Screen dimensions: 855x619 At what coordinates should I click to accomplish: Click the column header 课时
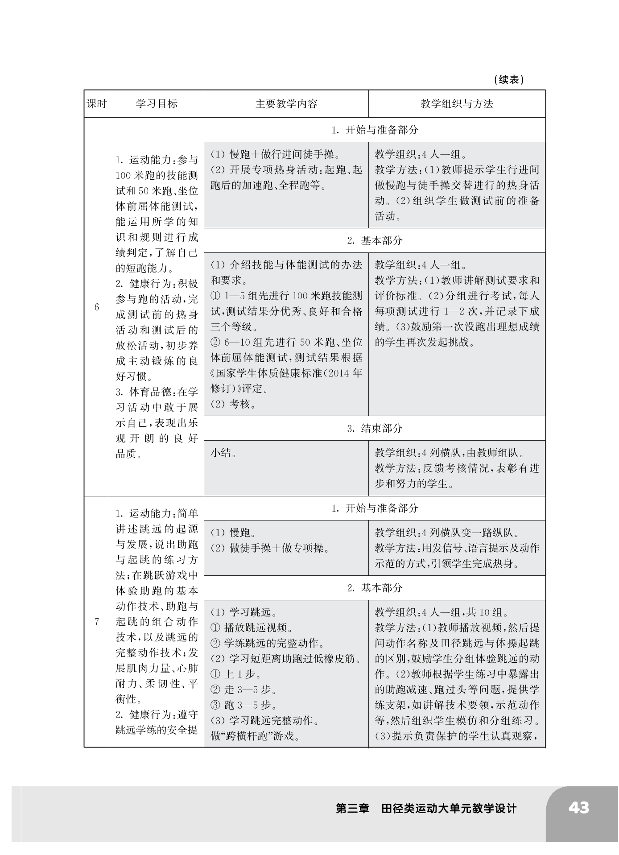coord(96,104)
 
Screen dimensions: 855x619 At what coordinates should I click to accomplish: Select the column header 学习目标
coord(156,104)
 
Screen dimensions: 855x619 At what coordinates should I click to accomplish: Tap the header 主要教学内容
coord(286,104)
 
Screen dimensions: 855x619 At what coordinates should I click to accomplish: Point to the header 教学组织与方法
coord(457,104)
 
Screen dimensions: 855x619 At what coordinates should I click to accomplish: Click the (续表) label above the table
coord(509,80)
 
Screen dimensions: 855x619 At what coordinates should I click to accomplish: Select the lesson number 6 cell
coord(96,307)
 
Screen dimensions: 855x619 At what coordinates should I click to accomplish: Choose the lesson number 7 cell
coord(96,621)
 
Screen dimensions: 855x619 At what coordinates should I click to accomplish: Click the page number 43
coord(578,808)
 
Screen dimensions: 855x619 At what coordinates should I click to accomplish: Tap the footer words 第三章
coord(352,808)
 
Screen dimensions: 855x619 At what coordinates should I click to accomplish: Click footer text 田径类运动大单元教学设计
coord(449,808)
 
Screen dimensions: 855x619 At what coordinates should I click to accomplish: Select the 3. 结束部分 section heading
coord(375,428)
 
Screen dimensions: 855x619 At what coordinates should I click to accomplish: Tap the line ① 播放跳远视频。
coord(252,628)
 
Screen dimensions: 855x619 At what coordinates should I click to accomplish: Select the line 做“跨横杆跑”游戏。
coord(256,736)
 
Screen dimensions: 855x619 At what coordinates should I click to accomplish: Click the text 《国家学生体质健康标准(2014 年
coord(286,373)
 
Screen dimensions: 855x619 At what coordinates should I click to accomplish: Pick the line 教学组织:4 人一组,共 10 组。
coord(442,612)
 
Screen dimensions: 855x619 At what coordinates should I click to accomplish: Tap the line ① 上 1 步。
coord(236,674)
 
